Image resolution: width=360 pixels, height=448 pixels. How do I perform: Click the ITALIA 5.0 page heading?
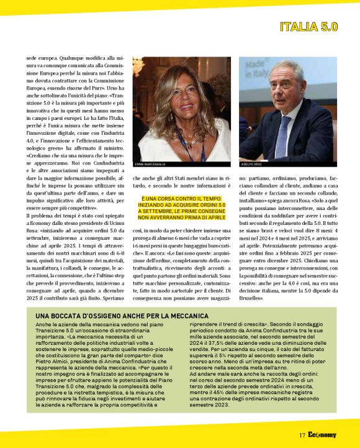308,27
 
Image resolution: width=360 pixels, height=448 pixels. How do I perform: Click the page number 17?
302,435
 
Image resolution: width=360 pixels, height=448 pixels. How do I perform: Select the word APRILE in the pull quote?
214,218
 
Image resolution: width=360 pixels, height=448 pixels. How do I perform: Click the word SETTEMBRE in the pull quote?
159,211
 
